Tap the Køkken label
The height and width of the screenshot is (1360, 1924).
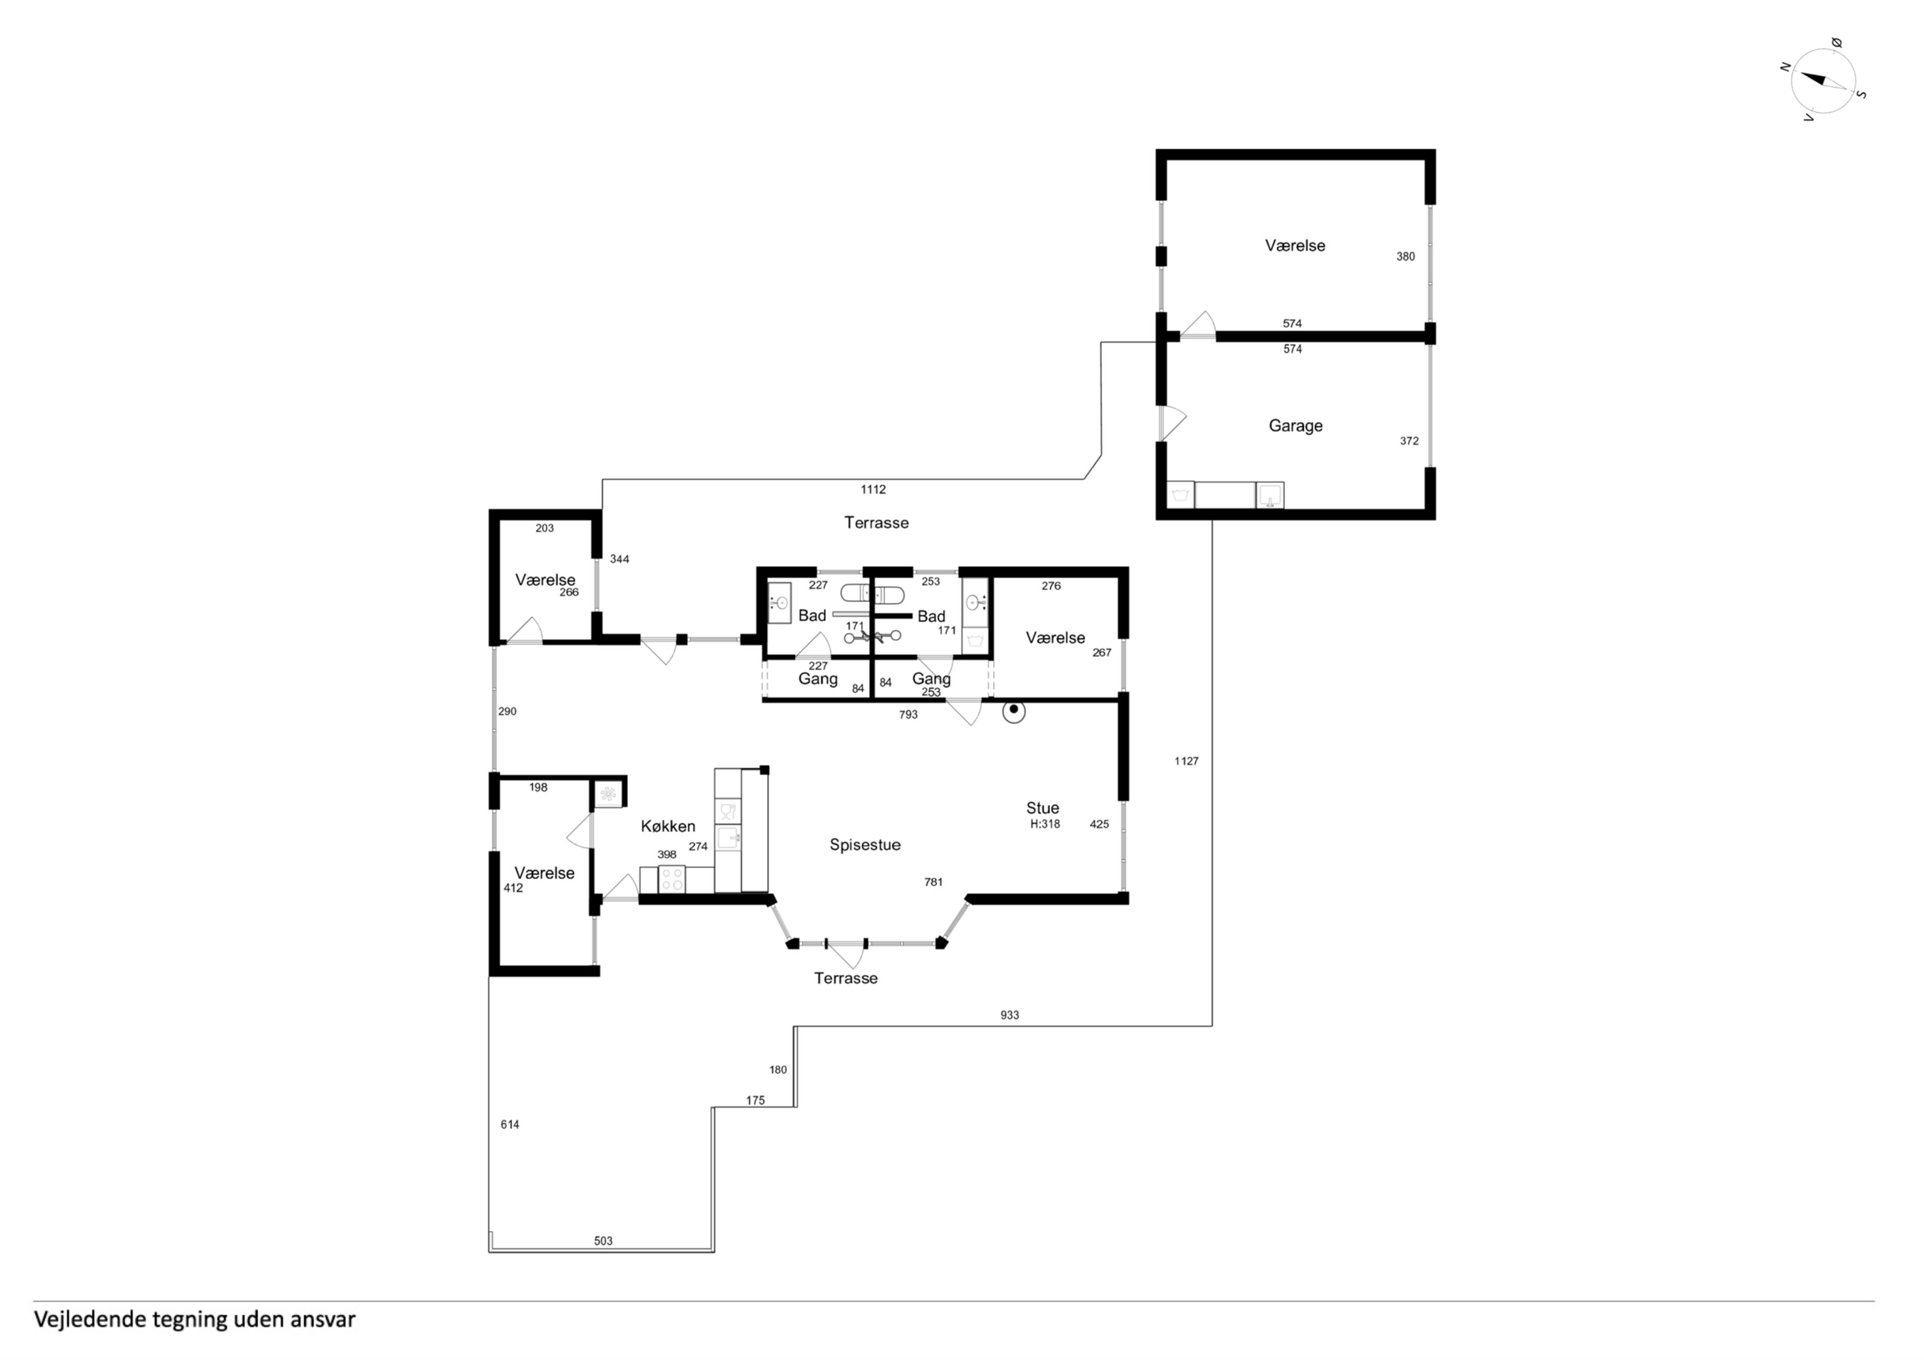click(x=668, y=826)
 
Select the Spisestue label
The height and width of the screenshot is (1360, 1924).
click(x=865, y=845)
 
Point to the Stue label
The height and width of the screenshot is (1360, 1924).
click(x=1043, y=808)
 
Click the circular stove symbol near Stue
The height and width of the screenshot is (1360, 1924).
click(x=1014, y=711)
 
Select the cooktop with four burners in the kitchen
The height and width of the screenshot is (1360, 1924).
click(x=672, y=879)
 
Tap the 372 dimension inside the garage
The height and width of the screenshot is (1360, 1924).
click(x=1409, y=441)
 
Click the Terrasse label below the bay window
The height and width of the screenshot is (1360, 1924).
click(x=845, y=979)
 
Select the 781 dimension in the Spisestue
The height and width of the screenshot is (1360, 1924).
click(x=934, y=882)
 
